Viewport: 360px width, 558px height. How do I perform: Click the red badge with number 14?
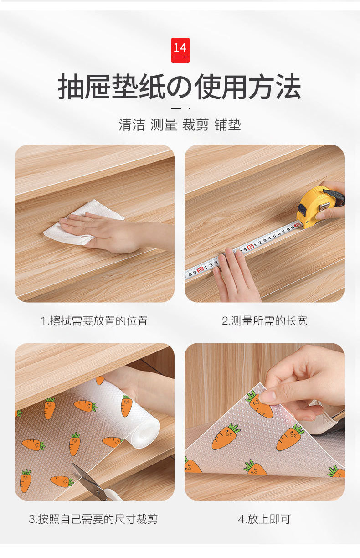[180, 50]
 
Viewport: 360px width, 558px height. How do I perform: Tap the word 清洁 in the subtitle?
[132, 124]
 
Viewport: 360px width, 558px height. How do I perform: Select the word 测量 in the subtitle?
[164, 124]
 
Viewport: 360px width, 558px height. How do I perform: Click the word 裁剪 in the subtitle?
[195, 124]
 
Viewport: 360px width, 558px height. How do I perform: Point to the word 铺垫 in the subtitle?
[227, 124]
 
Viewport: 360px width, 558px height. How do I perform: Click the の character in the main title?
[179, 87]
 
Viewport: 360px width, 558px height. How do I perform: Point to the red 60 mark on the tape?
[250, 246]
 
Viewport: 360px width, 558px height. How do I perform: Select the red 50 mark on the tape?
[200, 269]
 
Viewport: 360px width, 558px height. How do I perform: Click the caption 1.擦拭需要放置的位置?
[94, 320]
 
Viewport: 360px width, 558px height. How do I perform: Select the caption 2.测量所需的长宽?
[264, 320]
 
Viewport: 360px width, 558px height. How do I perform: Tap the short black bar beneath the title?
[180, 108]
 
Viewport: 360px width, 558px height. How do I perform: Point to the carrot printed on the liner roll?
[127, 406]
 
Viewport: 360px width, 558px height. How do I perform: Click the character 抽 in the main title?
[71, 87]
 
